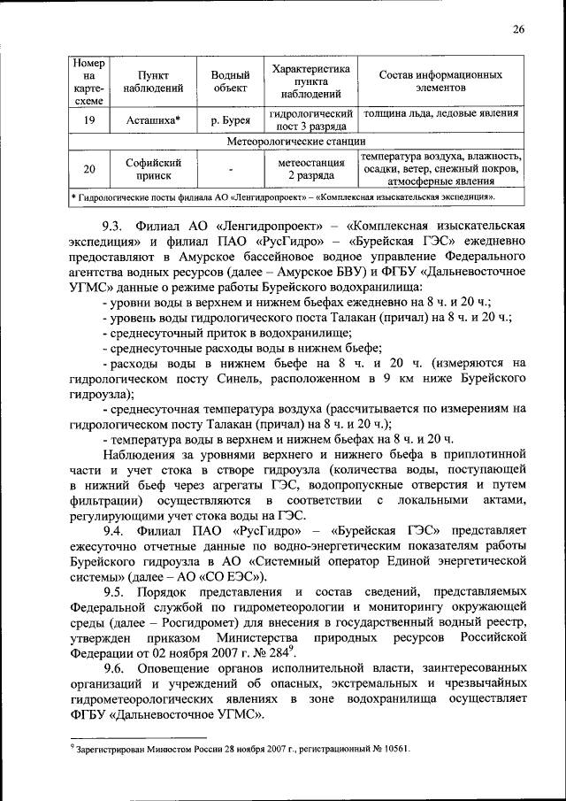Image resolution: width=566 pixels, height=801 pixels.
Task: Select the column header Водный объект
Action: point(229,81)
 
